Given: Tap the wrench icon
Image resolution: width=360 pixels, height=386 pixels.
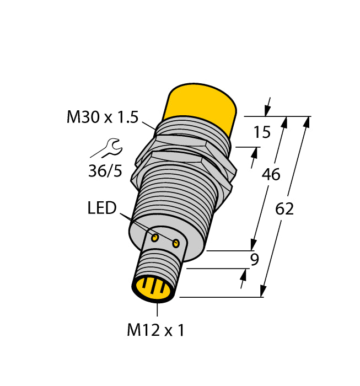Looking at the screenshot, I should (x=106, y=148).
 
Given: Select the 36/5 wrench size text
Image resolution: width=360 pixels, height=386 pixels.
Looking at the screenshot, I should (x=105, y=171).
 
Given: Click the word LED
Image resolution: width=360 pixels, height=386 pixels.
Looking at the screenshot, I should (x=102, y=208).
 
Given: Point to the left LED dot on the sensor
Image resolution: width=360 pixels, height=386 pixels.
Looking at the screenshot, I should (x=155, y=238).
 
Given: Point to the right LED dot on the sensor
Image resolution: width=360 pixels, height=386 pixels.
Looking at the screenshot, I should (x=176, y=243).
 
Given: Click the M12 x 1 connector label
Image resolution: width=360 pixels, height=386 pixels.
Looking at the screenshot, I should (x=156, y=330).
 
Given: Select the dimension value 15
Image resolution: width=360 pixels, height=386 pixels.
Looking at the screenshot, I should (x=262, y=132).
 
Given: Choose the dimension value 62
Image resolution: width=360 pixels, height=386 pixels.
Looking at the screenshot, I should (x=284, y=209).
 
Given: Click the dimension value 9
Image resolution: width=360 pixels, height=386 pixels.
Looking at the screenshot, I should (x=254, y=259).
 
